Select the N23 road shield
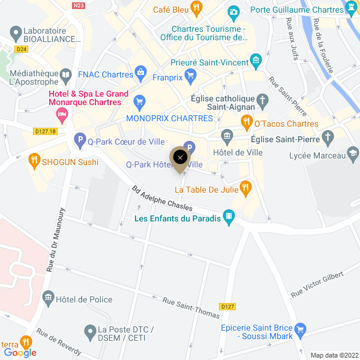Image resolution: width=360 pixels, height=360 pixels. [77, 5]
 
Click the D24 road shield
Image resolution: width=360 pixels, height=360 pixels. [22, 49]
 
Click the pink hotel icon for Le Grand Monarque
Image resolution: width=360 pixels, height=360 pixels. [61, 113]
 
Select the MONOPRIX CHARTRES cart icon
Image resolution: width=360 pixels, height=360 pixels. [140, 101]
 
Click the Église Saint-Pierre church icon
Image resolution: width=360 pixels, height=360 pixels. [328, 138]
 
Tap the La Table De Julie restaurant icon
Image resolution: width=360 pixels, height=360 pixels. [245, 188]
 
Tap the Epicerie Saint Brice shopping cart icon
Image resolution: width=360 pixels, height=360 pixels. [301, 329]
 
